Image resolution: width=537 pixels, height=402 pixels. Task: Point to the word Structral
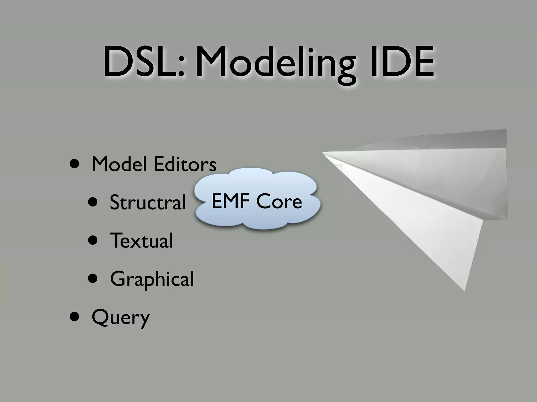[x=148, y=202]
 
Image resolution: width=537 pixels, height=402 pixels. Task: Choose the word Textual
[x=142, y=240]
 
